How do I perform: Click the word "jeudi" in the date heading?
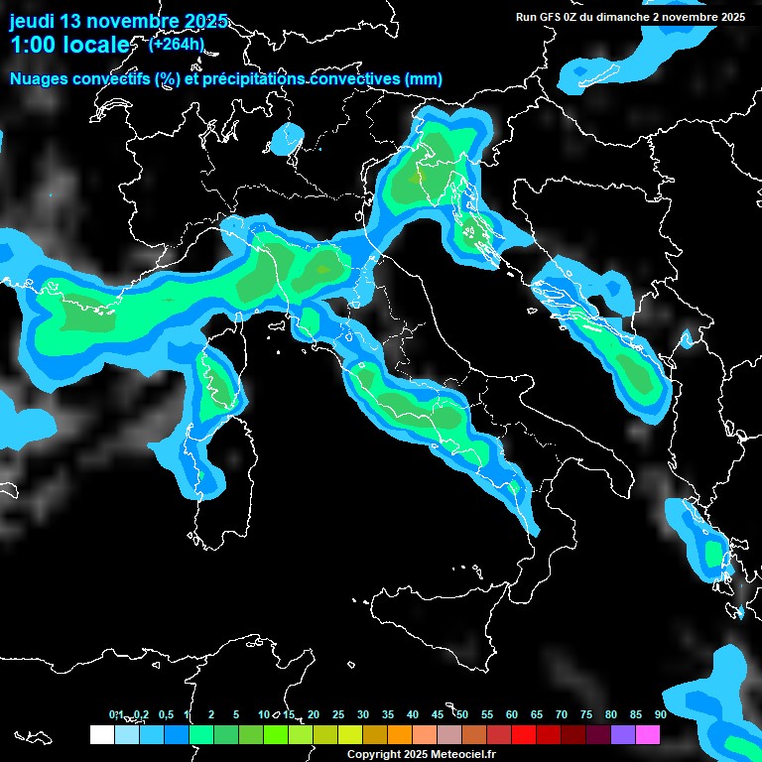coord(33,21)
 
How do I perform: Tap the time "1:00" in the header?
coord(33,45)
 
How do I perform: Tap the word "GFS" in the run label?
coord(550,17)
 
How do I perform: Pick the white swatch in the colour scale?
coord(101,735)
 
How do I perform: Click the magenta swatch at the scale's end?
coord(648,735)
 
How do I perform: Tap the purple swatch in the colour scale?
coord(623,735)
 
